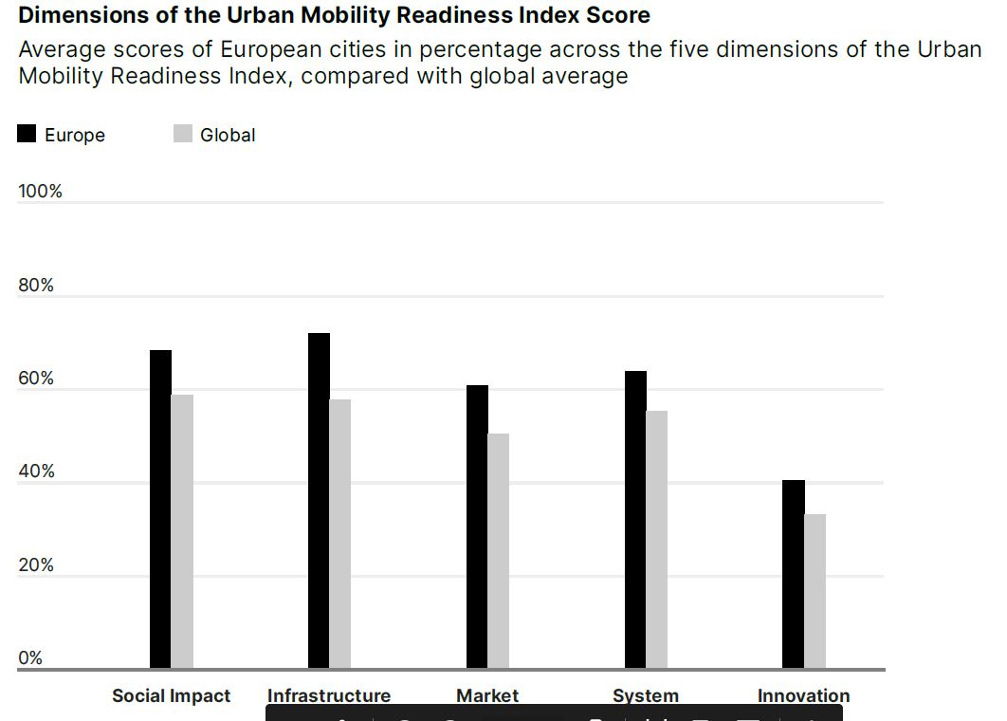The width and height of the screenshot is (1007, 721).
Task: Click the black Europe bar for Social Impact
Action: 160,509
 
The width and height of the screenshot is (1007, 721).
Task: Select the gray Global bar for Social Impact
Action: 182,531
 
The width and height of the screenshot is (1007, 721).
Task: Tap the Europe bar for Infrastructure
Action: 319,501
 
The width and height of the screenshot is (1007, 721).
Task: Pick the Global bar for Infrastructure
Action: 340,534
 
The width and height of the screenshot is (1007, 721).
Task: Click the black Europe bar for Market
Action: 477,527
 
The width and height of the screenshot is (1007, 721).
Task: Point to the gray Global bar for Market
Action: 499,551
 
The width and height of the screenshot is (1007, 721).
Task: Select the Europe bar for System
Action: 635,520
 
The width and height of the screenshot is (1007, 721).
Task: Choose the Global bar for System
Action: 657,540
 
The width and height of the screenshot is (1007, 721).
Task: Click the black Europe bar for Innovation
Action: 794,574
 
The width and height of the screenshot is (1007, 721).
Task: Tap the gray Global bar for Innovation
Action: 815,591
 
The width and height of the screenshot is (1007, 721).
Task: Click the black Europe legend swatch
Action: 27,134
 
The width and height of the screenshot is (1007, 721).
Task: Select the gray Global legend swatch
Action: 183,134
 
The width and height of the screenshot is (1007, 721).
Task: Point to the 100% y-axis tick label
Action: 40,192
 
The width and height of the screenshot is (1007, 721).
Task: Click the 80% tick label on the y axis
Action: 36,286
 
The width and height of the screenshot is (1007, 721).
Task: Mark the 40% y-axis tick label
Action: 36,471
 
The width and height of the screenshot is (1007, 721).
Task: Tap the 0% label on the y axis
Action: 30,657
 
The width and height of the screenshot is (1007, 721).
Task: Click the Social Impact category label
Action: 171,695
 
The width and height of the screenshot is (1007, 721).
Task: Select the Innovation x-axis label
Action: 803,695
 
